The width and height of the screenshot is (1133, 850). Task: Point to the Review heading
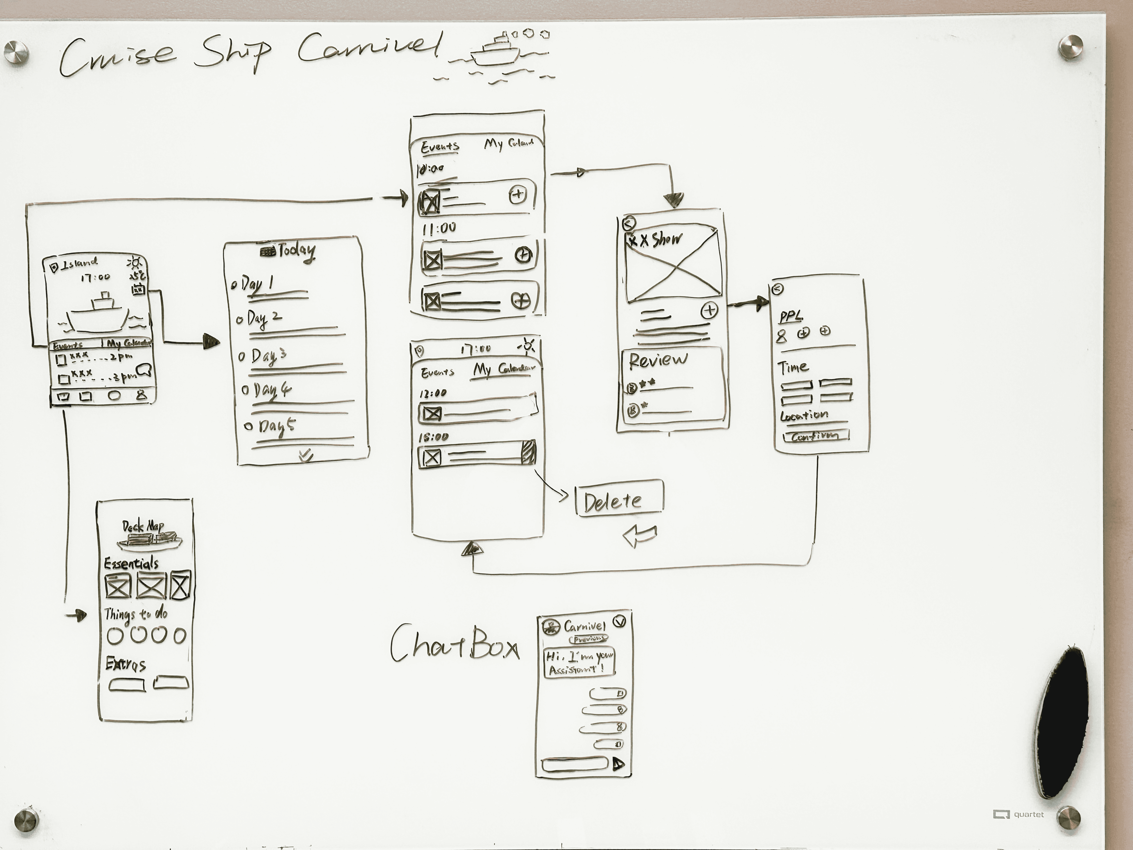click(x=658, y=360)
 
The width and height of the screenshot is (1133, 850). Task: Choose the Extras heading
click(x=126, y=664)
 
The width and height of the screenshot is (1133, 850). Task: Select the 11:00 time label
click(x=439, y=229)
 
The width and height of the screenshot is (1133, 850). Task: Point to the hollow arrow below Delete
click(x=640, y=535)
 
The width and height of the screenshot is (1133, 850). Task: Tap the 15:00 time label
click(x=433, y=437)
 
